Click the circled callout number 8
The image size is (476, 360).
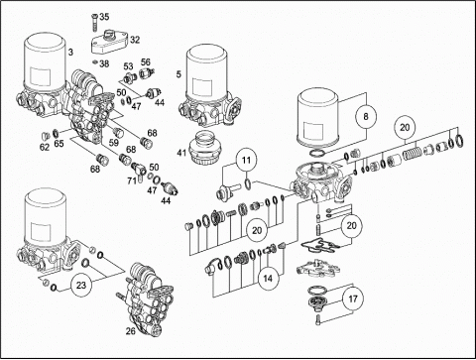pyautogui.click(x=366, y=116)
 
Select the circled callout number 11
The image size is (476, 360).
pyautogui.click(x=246, y=161)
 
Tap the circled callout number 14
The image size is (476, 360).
pyautogui.click(x=268, y=279)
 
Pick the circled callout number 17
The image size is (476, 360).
pyautogui.click(x=353, y=299)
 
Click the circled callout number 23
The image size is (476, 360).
pyautogui.click(x=81, y=285)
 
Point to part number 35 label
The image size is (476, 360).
pyautogui.click(x=104, y=17)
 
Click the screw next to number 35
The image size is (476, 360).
pyautogui.click(x=93, y=22)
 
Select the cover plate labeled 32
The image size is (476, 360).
pyautogui.click(x=110, y=42)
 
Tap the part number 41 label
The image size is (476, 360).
pyautogui.click(x=181, y=153)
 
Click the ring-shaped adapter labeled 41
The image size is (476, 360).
pyautogui.click(x=204, y=148)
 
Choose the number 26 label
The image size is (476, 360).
pyautogui.click(x=131, y=330)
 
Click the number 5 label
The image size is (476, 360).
pyautogui.click(x=178, y=74)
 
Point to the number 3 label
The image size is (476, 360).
pyautogui.click(x=70, y=52)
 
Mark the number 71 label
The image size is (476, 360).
pyautogui.click(x=132, y=180)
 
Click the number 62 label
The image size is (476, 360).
pyautogui.click(x=45, y=147)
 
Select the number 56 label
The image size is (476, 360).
pyautogui.click(x=146, y=62)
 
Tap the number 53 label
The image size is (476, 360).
pyautogui.click(x=128, y=66)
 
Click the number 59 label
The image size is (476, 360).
pyautogui.click(x=114, y=143)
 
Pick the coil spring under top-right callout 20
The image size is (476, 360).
pyautogui.click(x=412, y=153)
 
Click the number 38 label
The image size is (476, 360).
pyautogui.click(x=104, y=63)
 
